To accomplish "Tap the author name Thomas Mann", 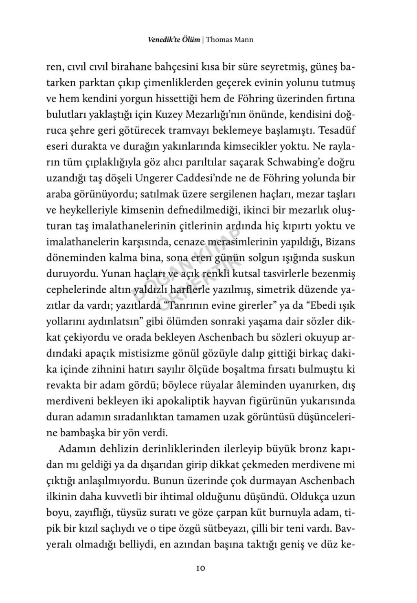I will pyautogui.click(x=230, y=40).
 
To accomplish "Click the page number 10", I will pyautogui.click(x=200, y=568).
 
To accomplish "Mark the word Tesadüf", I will pyautogui.click(x=336, y=130).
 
